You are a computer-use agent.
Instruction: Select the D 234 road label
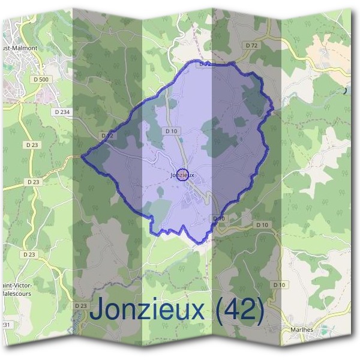[61, 112]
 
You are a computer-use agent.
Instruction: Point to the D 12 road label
[107, 136]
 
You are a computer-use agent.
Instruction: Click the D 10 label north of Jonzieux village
[171, 131]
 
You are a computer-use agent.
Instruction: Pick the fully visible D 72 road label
[251, 46]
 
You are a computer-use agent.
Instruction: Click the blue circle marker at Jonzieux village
[184, 175]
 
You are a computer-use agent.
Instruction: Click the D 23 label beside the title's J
[81, 306]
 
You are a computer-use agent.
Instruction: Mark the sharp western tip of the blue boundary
[82, 157]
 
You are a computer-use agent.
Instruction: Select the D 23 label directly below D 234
[32, 145]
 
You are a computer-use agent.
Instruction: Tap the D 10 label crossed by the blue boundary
[218, 219]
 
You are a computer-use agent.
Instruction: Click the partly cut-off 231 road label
[5, 325]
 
